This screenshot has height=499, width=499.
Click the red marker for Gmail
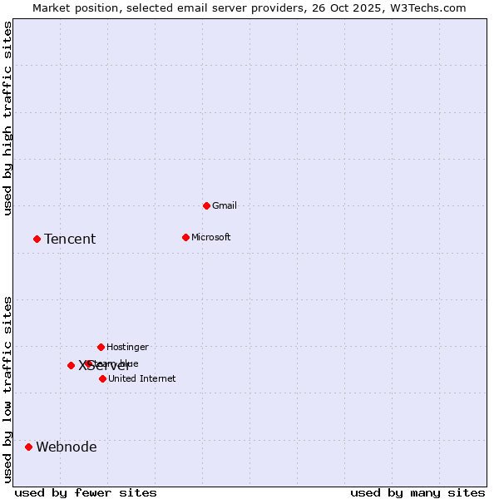[x=206, y=205]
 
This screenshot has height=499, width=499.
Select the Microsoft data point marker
[x=185, y=237]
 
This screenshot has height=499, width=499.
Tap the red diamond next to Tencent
[x=37, y=239]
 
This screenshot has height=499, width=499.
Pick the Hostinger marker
[x=101, y=347]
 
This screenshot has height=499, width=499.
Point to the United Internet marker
[x=102, y=378]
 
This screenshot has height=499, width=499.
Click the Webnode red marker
[x=28, y=447]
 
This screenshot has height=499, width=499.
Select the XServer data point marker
[x=71, y=365]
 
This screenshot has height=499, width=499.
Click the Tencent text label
[x=70, y=240]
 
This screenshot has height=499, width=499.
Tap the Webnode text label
[x=67, y=447]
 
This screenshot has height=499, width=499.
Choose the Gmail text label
[x=225, y=205]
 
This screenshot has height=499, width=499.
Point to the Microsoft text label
[x=211, y=237]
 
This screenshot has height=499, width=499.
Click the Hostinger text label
[x=127, y=347]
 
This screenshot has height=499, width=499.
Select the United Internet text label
[x=142, y=378]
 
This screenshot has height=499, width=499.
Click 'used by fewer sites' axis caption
[x=86, y=492]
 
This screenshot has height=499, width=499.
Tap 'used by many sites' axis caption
[x=417, y=492]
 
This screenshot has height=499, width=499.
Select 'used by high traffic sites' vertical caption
[x=8, y=118]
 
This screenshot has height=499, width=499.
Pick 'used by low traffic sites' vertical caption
[x=8, y=389]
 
